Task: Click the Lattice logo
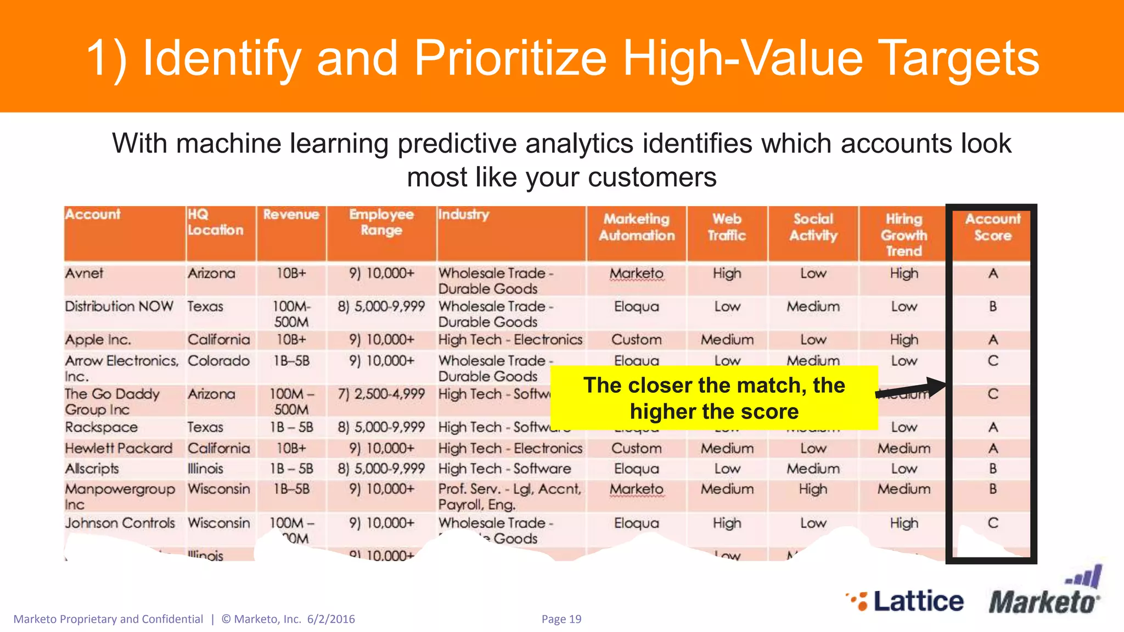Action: (906, 601)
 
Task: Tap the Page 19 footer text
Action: (561, 619)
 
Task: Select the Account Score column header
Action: (992, 227)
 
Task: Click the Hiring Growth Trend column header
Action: (903, 235)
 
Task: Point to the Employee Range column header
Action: (381, 222)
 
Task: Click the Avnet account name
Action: (84, 273)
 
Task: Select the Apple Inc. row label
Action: (98, 340)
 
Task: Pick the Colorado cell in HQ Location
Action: (218, 361)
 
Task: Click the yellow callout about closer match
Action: (713, 398)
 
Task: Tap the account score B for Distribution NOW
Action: (993, 307)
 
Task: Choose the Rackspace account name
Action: (101, 427)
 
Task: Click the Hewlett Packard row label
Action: (119, 448)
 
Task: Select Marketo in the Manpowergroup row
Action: (636, 489)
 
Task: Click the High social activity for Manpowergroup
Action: (813, 489)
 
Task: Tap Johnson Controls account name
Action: (120, 523)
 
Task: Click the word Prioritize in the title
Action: (510, 58)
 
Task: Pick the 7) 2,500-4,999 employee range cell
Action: (381, 394)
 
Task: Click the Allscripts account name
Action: (92, 469)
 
